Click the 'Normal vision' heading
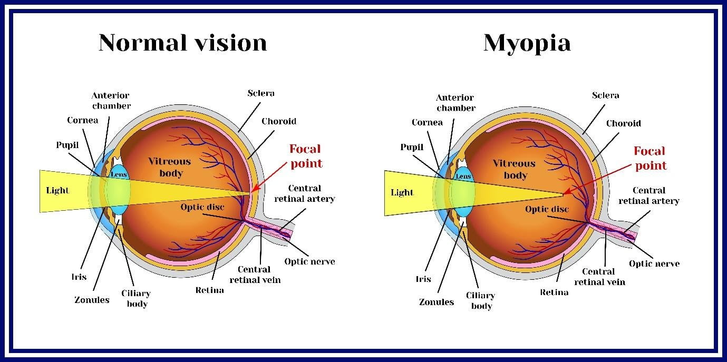(182, 42)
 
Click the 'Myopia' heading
(527, 42)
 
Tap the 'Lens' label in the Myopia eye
(463, 177)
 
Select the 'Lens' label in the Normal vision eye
(118, 174)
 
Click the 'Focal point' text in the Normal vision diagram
(306, 156)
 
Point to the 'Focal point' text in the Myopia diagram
(650, 158)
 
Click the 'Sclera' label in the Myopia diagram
(605, 95)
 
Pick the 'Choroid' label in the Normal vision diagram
(279, 121)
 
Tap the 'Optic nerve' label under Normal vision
(309, 261)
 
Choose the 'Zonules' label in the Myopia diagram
(436, 302)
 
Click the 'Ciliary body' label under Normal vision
(135, 298)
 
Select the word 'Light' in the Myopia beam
(402, 192)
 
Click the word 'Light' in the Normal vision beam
(57, 190)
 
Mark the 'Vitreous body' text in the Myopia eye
(514, 169)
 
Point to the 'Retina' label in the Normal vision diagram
(209, 290)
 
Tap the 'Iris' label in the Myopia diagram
(423, 279)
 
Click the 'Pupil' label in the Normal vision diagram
(67, 145)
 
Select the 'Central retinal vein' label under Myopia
(599, 277)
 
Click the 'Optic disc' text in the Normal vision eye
(202, 207)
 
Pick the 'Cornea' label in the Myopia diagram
(427, 122)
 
